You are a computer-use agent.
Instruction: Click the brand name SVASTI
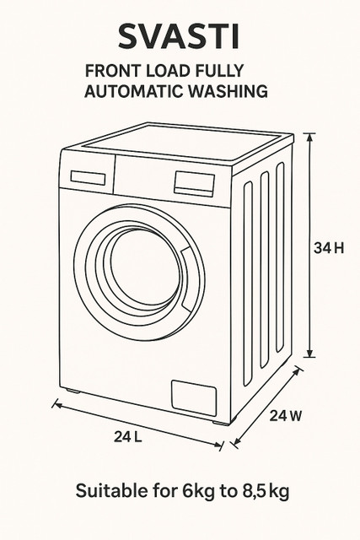(179, 36)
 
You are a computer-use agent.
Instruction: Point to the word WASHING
(228, 91)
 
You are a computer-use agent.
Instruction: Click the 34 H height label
(329, 248)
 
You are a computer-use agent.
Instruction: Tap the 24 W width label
(285, 416)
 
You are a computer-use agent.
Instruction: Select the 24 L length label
(128, 437)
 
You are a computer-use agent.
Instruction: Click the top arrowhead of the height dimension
(310, 137)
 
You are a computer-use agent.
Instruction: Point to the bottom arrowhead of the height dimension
(310, 353)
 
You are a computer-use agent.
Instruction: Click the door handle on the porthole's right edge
(186, 278)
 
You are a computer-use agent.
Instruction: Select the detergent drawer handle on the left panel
(89, 178)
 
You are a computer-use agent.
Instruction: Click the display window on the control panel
(195, 184)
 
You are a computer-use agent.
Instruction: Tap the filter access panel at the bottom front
(194, 397)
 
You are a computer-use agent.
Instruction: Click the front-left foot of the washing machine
(73, 391)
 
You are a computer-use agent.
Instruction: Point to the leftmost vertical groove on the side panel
(248, 283)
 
